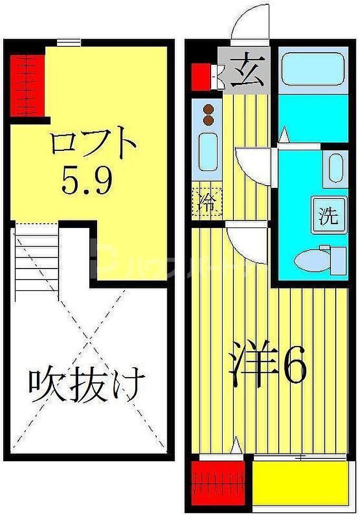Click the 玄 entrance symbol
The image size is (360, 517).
click(245, 73)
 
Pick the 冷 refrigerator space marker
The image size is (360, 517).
click(206, 203)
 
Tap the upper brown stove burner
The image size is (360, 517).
click(208, 109)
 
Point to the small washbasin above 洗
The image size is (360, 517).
click(336, 167)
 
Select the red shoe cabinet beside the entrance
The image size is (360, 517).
click(200, 76)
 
